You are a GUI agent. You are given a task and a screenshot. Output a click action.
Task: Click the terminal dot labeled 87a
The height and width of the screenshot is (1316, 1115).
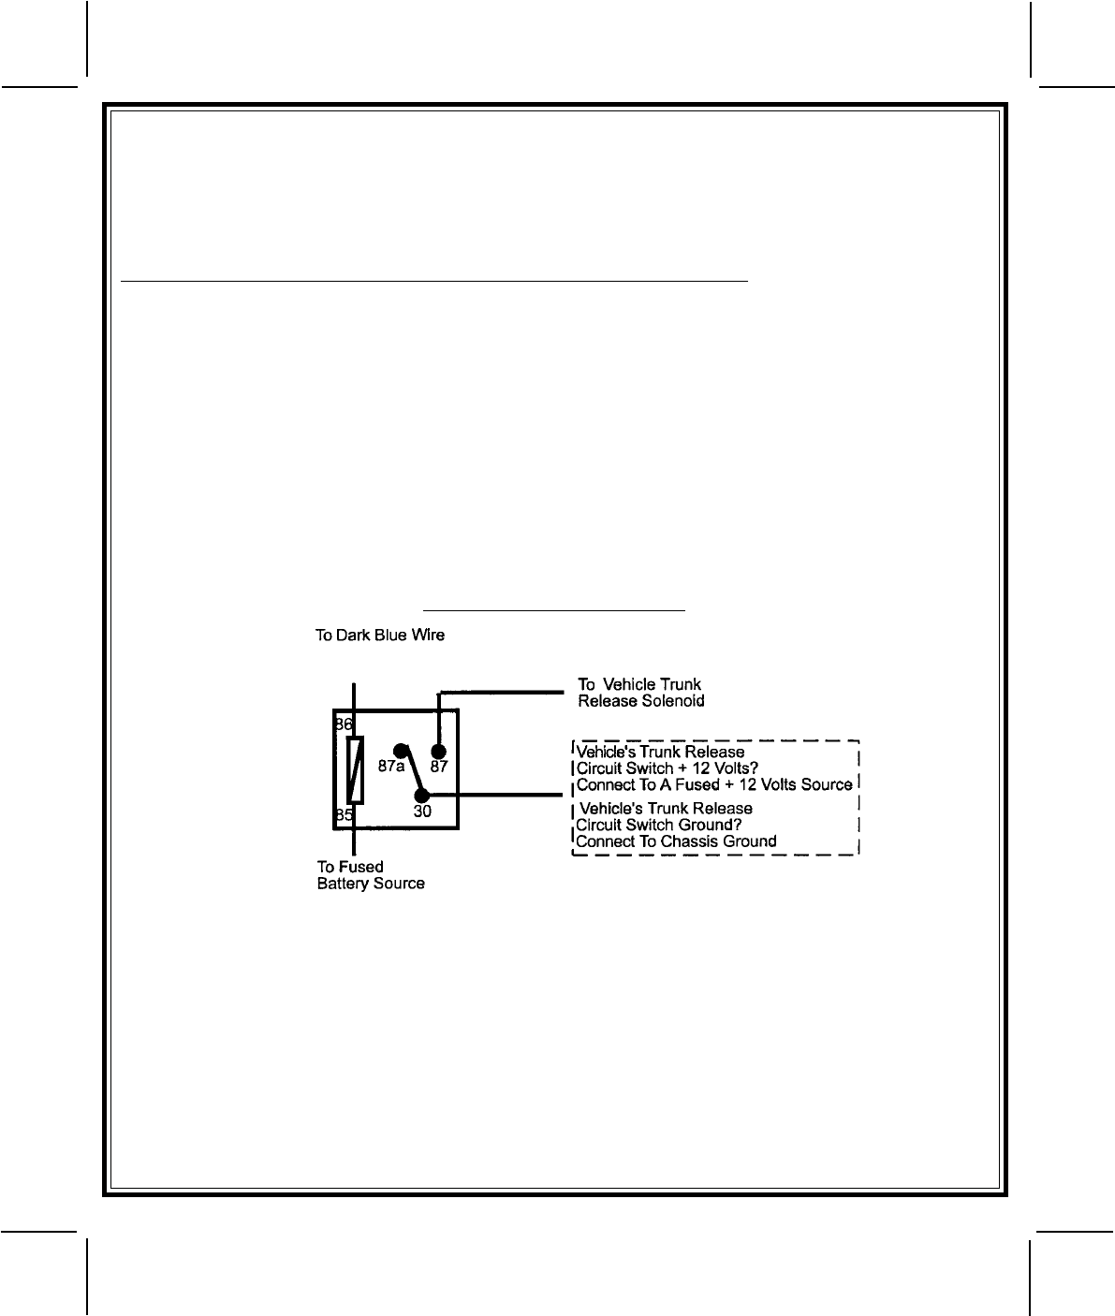(x=401, y=750)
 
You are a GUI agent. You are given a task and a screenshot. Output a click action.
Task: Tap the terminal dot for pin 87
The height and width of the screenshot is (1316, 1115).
(x=438, y=752)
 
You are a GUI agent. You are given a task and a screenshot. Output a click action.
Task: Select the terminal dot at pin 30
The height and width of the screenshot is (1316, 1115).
(x=422, y=795)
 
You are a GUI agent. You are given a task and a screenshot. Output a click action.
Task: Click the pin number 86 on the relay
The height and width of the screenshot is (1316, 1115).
(x=344, y=725)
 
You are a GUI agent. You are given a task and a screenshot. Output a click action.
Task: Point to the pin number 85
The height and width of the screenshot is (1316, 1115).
(x=344, y=814)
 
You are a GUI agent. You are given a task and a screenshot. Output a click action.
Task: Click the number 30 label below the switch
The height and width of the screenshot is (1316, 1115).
(x=422, y=812)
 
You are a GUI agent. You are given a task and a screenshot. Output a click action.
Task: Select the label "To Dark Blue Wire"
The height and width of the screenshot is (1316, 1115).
(x=379, y=636)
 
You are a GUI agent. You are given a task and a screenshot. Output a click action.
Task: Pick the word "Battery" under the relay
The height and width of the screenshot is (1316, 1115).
(x=344, y=884)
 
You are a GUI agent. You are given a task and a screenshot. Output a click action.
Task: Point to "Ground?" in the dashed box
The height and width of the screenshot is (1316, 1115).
(x=711, y=825)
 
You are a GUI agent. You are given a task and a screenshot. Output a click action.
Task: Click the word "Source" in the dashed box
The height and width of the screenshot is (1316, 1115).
(x=827, y=784)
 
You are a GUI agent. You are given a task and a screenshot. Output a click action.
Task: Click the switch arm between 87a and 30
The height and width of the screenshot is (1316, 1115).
(x=412, y=773)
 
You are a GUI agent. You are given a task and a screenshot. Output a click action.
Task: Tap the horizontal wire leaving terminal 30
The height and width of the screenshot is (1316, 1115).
(x=496, y=797)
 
